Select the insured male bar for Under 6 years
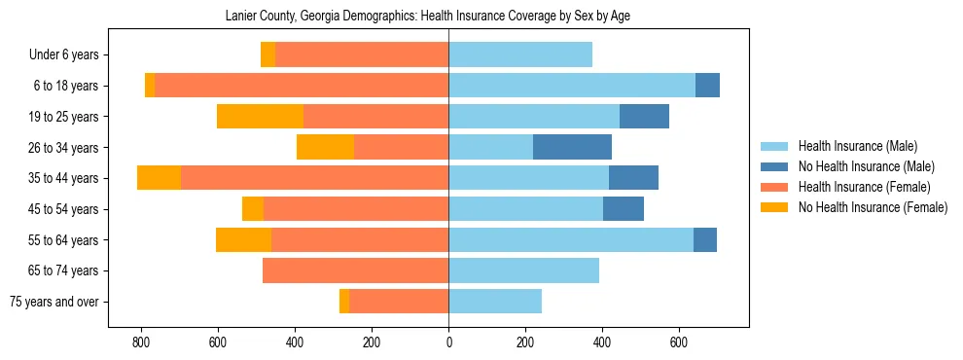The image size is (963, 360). pos(520,54)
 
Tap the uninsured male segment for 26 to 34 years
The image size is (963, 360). pos(572,147)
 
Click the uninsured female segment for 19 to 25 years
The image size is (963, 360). pos(260,116)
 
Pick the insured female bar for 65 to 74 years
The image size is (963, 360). pos(355,270)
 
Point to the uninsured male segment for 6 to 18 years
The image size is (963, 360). pos(707,86)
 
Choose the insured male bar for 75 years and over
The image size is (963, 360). pos(495,302)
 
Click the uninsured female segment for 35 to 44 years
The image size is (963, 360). pos(159,178)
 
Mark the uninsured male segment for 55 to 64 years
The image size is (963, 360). pos(705,239)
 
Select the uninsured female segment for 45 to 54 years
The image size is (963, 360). pos(253,208)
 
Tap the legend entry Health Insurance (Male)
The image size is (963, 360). pos(857,146)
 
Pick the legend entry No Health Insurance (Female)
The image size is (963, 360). pos(873,207)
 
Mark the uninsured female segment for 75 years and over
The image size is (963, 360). pos(344,302)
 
